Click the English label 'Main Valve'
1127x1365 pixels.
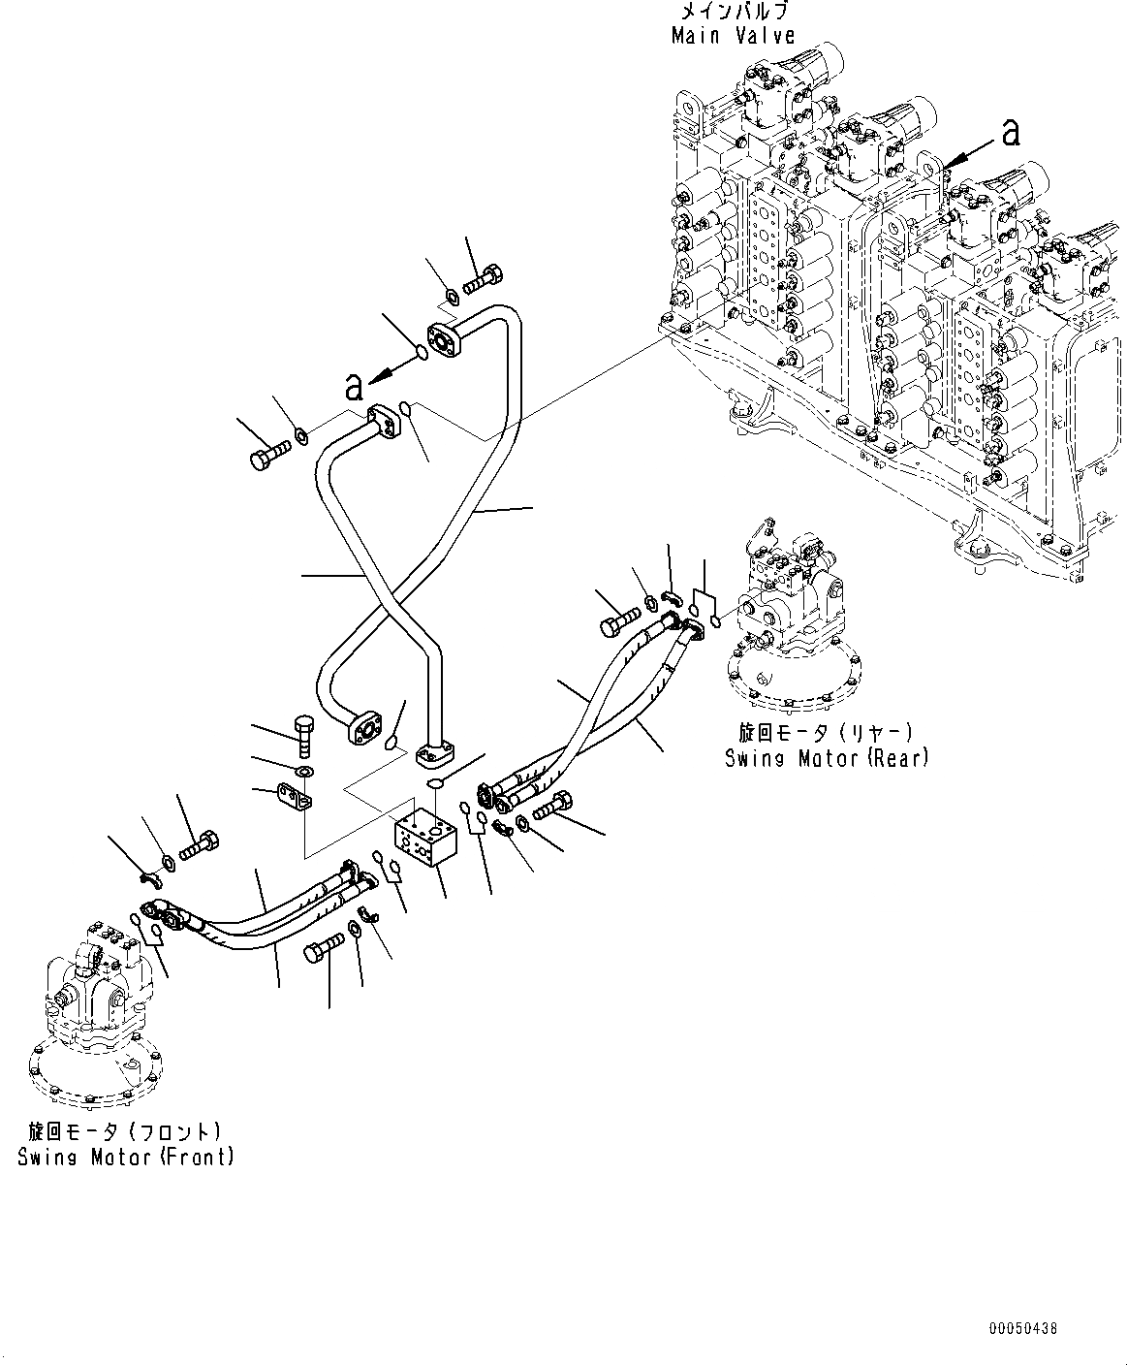pyautogui.click(x=733, y=36)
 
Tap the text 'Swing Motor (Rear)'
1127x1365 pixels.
pyautogui.click(x=827, y=757)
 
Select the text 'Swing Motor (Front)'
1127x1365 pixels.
pyautogui.click(x=125, y=1156)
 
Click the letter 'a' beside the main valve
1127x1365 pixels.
pyautogui.click(x=1011, y=133)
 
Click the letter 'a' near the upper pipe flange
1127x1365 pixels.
pyautogui.click(x=355, y=387)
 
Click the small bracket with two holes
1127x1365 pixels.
pyautogui.click(x=297, y=798)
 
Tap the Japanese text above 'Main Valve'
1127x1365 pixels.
pyautogui.click(x=733, y=12)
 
